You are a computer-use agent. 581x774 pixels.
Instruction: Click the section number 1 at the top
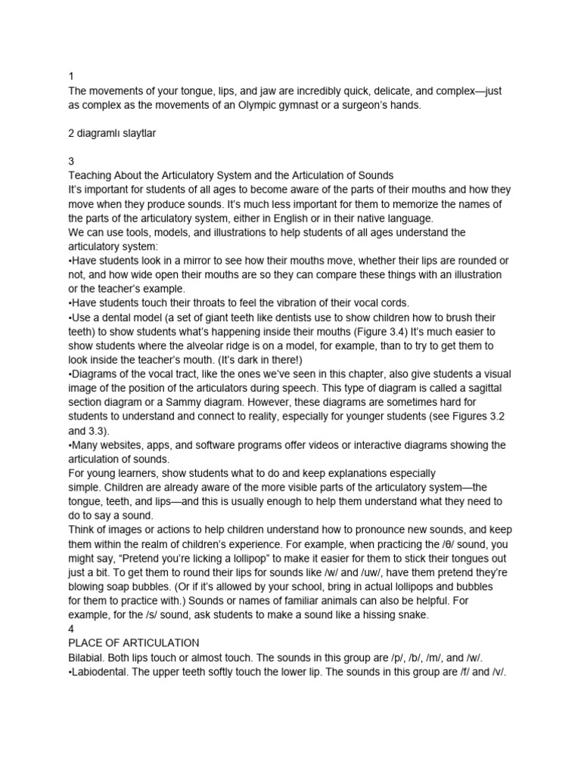tap(70, 76)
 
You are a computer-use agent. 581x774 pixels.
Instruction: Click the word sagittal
tap(480, 388)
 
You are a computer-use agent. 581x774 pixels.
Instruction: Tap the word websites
tap(129, 444)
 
